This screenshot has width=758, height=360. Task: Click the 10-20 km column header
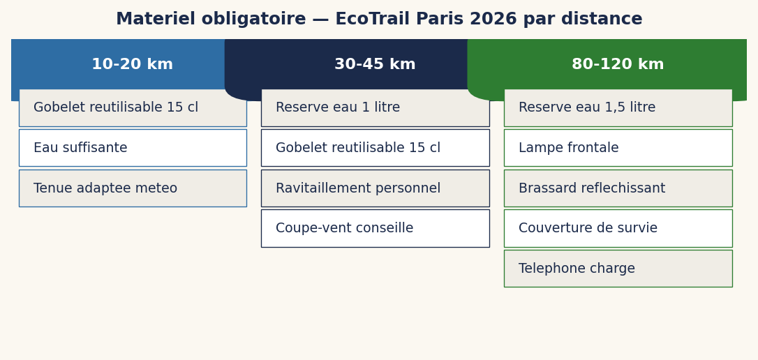pyautogui.click(x=132, y=65)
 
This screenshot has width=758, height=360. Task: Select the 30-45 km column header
pyautogui.click(x=375, y=65)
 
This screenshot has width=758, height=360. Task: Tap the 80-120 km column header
pyautogui.click(x=618, y=65)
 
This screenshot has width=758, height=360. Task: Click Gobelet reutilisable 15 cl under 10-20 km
pyautogui.click(x=133, y=108)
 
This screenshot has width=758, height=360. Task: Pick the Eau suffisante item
pyautogui.click(x=133, y=148)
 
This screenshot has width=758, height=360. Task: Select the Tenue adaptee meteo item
pyautogui.click(x=133, y=188)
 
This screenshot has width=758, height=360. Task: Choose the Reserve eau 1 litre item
pyautogui.click(x=375, y=108)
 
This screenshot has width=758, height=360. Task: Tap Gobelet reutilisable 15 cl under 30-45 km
pyautogui.click(x=375, y=148)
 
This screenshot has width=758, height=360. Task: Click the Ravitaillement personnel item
pyautogui.click(x=375, y=188)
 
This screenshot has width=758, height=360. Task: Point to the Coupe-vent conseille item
pyautogui.click(x=375, y=229)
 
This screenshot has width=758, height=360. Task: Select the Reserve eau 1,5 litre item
pyautogui.click(x=618, y=108)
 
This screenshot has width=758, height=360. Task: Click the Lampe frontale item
pyautogui.click(x=618, y=148)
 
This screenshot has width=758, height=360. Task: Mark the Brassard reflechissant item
pyautogui.click(x=618, y=188)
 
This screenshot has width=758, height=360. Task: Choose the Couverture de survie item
pyautogui.click(x=618, y=229)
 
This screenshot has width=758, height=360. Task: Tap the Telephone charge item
pyautogui.click(x=618, y=269)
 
